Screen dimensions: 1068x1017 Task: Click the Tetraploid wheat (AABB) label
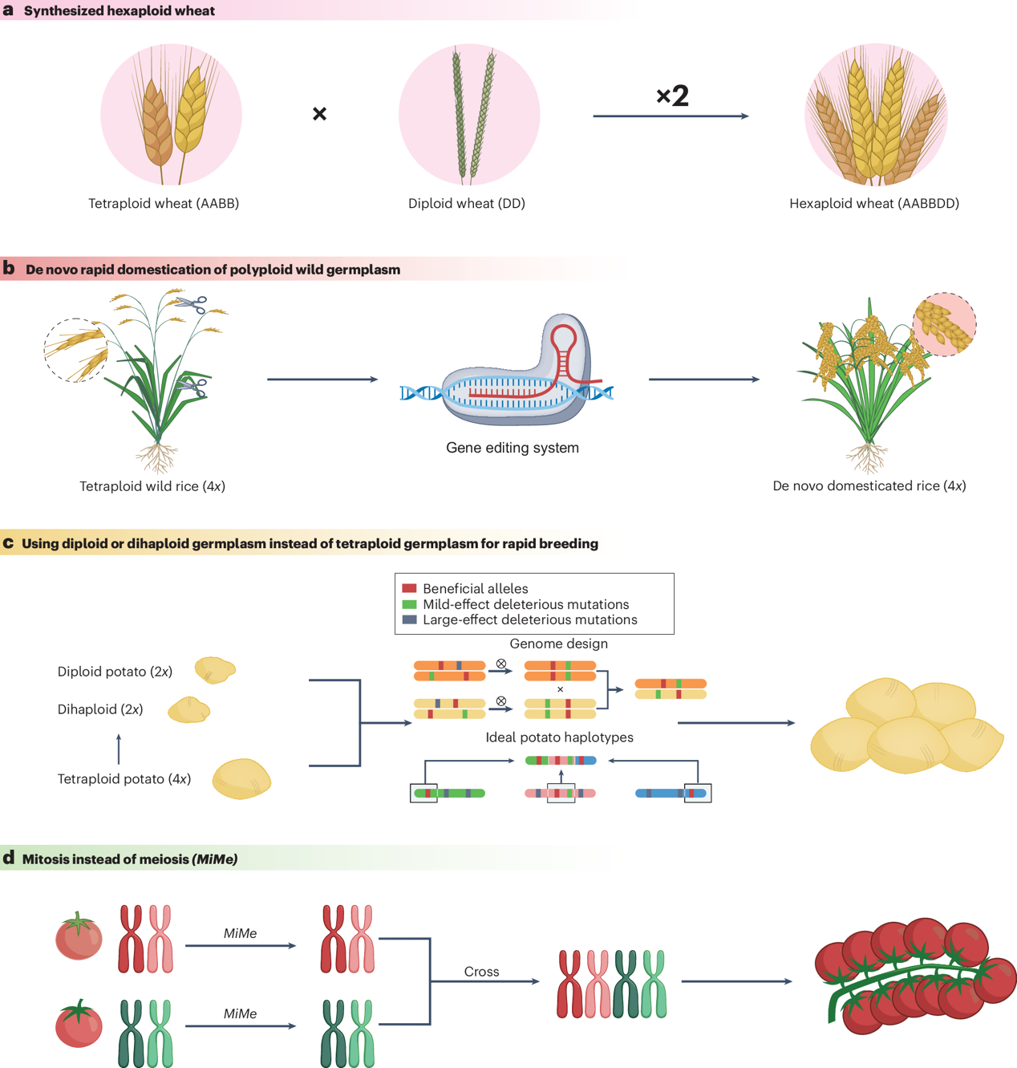click(x=164, y=204)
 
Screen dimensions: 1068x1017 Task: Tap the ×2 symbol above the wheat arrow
click(x=672, y=96)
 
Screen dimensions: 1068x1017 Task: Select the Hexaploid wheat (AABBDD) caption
click(x=874, y=204)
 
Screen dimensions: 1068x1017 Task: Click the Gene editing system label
click(x=513, y=448)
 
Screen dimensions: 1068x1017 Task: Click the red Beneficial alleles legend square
click(x=409, y=588)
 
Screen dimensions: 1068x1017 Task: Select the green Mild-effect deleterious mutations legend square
click(x=409, y=604)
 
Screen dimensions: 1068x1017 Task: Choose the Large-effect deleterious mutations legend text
click(x=529, y=619)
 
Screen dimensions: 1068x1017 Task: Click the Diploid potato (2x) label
click(x=115, y=672)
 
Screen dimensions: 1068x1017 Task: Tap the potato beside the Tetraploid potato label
click(x=241, y=778)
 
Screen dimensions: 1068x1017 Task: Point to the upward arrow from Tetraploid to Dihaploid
click(x=119, y=749)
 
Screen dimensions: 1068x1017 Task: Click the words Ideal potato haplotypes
click(x=559, y=737)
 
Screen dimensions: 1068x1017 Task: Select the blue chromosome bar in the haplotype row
click(x=671, y=794)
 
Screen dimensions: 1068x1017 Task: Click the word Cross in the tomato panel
click(x=481, y=972)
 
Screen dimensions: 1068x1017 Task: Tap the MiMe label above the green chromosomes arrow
click(x=240, y=1013)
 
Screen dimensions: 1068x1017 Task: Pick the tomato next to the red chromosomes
click(x=79, y=936)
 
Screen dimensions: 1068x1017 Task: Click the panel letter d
click(x=9, y=858)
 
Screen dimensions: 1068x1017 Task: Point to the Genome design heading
click(x=558, y=644)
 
